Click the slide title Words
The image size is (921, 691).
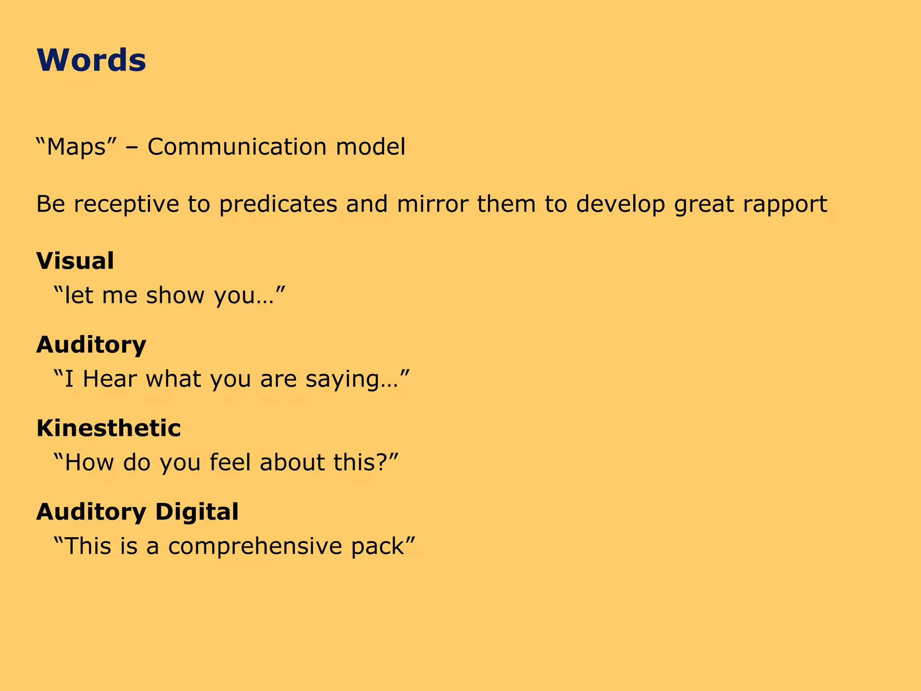click(91, 60)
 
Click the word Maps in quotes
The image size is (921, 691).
click(76, 147)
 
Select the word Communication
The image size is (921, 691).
click(237, 147)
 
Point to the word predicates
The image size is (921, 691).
click(278, 204)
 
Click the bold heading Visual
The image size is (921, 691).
click(75, 261)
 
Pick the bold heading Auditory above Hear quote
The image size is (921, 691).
click(91, 345)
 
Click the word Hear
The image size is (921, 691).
click(110, 379)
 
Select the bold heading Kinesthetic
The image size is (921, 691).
click(108, 428)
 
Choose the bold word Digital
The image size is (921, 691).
click(197, 512)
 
